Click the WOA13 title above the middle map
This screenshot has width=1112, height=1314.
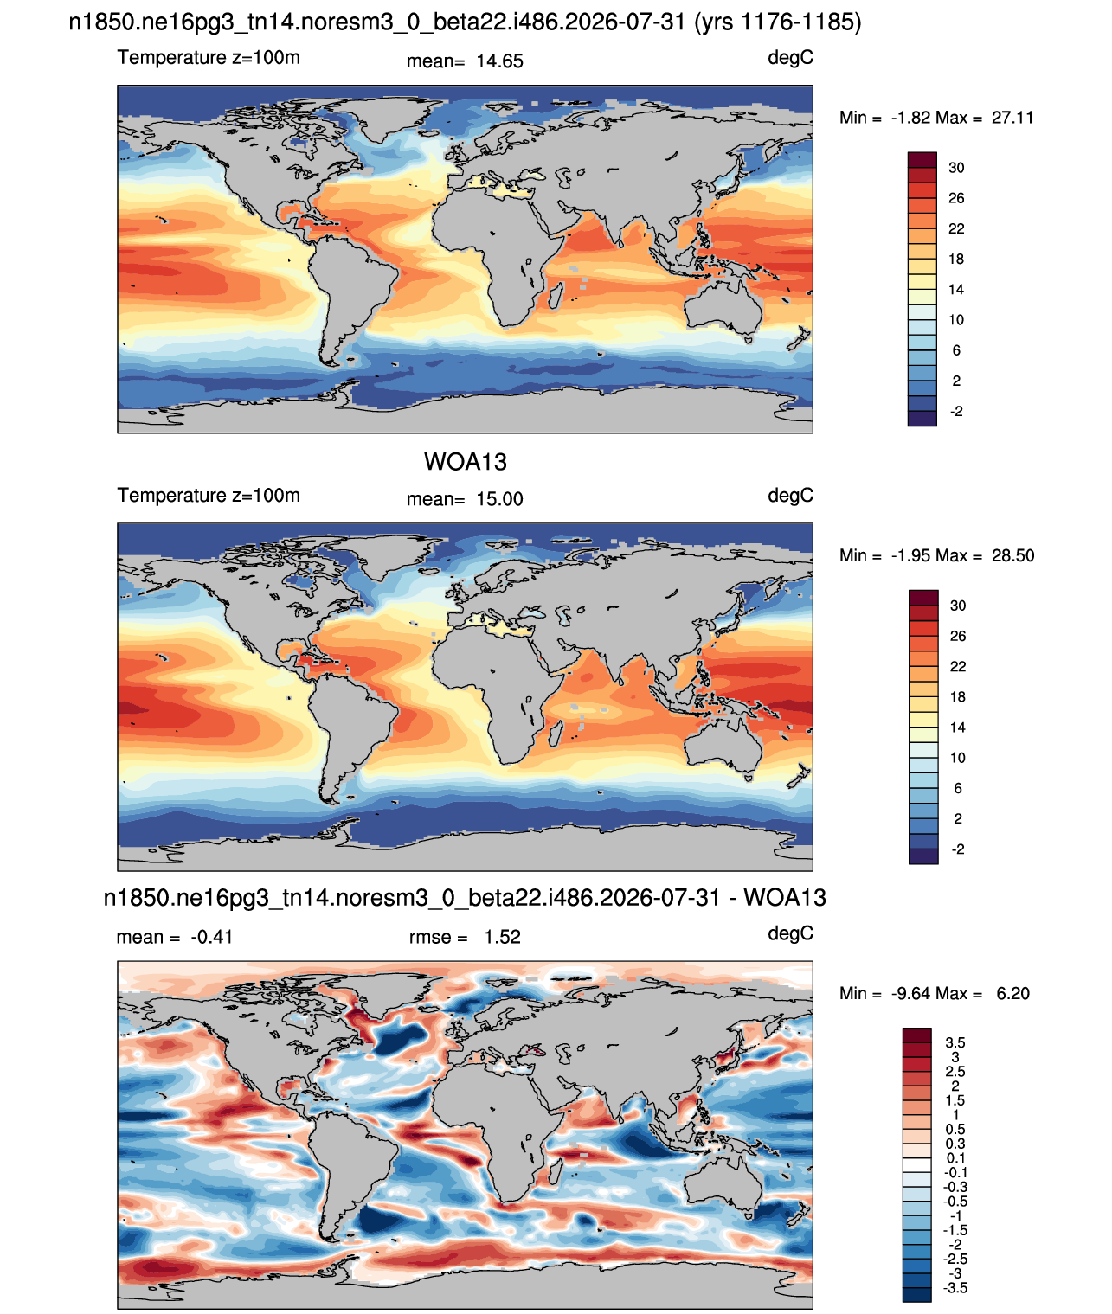tap(465, 462)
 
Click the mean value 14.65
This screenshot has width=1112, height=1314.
tap(499, 61)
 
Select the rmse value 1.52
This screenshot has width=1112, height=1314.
tap(502, 936)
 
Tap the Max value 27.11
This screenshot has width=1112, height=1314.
tap(1012, 118)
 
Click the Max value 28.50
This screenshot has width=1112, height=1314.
tap(1012, 555)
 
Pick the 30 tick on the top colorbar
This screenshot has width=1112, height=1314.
tap(956, 168)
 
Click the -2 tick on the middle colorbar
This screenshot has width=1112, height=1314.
tap(957, 849)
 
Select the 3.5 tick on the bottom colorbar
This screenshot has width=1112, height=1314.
tap(955, 1042)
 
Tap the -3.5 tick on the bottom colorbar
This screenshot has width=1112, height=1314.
tap(955, 1288)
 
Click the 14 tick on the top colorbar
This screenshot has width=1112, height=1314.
tap(956, 290)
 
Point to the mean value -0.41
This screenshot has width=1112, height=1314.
tap(212, 937)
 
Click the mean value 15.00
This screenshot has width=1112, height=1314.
tap(499, 499)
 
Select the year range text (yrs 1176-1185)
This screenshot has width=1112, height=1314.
tap(778, 22)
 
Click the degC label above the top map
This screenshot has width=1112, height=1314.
tap(790, 58)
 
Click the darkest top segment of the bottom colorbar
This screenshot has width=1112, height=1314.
tap(916, 1035)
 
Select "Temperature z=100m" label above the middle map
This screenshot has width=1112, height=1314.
tap(209, 495)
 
